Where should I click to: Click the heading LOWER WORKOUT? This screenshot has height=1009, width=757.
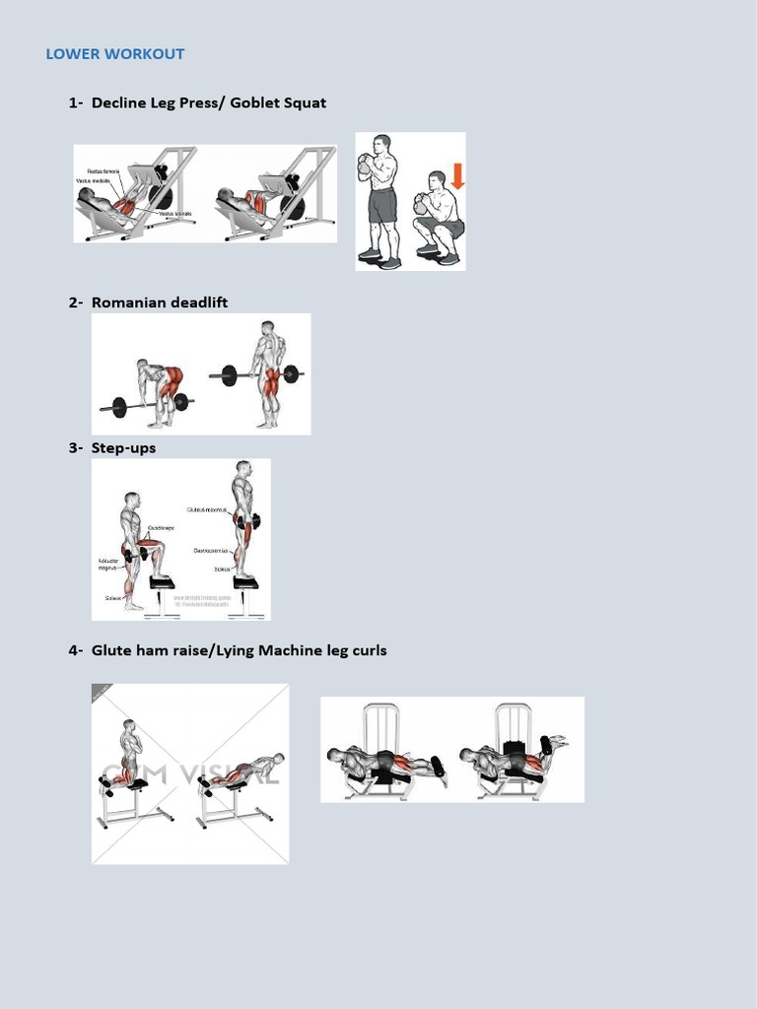pyautogui.click(x=114, y=54)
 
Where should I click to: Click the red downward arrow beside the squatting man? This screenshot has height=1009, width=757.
pyautogui.click(x=456, y=176)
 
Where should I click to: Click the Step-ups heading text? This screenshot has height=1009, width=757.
pyautogui.click(x=123, y=448)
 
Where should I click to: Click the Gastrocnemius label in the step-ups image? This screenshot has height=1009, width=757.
pyautogui.click(x=211, y=551)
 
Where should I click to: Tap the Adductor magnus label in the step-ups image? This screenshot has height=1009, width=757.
pyautogui.click(x=107, y=564)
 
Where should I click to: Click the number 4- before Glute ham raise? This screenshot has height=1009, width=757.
pyautogui.click(x=76, y=650)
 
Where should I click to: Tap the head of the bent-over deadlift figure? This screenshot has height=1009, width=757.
pyautogui.click(x=143, y=366)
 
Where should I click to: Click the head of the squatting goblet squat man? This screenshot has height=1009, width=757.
pyautogui.click(x=437, y=179)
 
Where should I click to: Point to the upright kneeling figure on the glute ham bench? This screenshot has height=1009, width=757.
pyautogui.click(x=126, y=754)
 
